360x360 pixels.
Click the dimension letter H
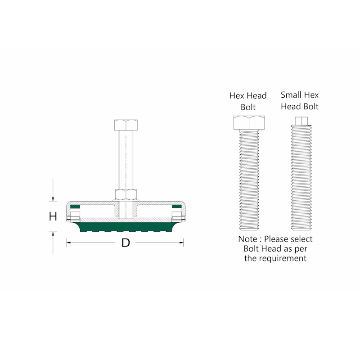[x=53, y=216]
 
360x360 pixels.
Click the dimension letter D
[x=126, y=243]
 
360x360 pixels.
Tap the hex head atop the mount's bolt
[x=126, y=124]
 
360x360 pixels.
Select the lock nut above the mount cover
[x=126, y=195]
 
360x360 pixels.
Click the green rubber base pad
[x=126, y=226]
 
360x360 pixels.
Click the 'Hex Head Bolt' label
[x=248, y=101]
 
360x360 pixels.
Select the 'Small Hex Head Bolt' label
[x=300, y=100]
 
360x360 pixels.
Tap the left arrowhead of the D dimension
[x=68, y=243]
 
